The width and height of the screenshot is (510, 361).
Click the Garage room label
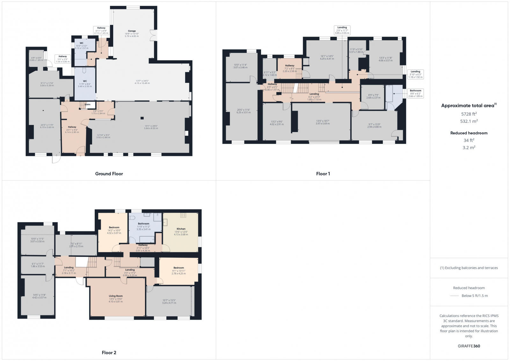click(131, 31)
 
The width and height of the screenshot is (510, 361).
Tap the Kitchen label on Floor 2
click(181, 229)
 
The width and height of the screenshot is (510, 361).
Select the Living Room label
click(115, 296)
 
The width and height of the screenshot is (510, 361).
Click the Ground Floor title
click(109, 174)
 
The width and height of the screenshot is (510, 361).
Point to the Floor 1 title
click(323, 174)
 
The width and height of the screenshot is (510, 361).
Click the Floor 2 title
click(109, 353)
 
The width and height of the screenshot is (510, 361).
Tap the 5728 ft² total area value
click(469, 114)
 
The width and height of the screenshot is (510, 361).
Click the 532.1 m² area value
click(469, 121)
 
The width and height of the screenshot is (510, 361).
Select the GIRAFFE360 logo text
click(469, 346)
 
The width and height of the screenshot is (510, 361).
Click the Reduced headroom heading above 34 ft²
click(469, 133)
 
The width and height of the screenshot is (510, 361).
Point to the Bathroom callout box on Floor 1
click(415, 93)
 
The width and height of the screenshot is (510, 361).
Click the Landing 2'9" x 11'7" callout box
click(342, 30)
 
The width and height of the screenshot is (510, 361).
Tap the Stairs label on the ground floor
click(87, 104)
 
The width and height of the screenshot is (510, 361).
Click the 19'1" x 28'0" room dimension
click(151, 126)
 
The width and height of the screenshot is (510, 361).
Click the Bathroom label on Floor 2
click(143, 224)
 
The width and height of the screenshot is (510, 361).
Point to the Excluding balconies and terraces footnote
click(469, 268)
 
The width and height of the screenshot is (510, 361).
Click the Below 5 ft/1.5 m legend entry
click(474, 296)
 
